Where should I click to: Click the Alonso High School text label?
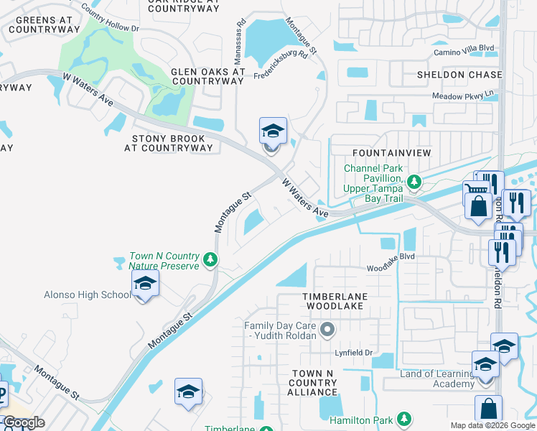tap(88, 295)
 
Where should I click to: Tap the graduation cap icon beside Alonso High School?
tap(144, 285)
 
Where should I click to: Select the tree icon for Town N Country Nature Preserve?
tap(210, 259)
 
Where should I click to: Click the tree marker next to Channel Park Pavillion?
tap(413, 181)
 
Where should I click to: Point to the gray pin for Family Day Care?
tap(327, 330)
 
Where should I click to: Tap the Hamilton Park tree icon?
tap(404, 418)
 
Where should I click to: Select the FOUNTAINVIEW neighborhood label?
tap(391, 153)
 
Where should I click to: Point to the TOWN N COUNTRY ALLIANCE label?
tap(312, 383)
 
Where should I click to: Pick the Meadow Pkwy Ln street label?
tap(464, 95)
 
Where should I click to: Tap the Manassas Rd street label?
tap(240, 40)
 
